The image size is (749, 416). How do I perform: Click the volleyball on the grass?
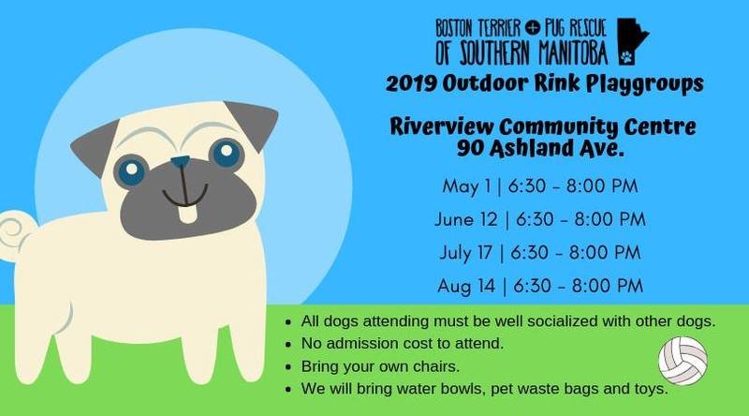(683, 361)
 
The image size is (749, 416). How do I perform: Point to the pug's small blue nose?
(180, 161)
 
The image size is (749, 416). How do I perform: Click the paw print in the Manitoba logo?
(626, 58)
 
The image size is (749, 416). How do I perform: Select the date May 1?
(466, 186)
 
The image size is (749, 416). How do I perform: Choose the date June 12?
(466, 219)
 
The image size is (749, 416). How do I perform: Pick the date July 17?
(465, 252)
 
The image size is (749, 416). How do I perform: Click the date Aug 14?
(466, 286)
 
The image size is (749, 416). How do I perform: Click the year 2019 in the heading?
(411, 83)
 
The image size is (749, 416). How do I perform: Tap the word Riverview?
(442, 126)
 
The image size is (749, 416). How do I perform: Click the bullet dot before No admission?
(288, 344)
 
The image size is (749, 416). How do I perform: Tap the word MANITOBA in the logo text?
(573, 53)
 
